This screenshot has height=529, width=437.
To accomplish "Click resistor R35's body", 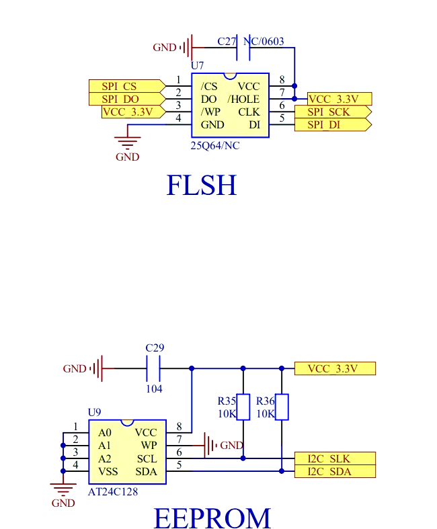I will click(243, 407).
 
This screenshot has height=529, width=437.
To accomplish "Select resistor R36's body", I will click(282, 407).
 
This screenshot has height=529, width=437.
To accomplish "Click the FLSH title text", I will click(202, 186).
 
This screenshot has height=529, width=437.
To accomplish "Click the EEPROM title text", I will click(212, 518).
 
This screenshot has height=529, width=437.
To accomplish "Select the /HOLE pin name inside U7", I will click(243, 99).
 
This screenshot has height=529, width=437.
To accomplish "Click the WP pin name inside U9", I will click(149, 446).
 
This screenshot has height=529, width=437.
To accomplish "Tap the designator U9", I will click(94, 412).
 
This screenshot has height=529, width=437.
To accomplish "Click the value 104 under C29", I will click(154, 389).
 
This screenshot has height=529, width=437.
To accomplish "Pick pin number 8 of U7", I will click(282, 80).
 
